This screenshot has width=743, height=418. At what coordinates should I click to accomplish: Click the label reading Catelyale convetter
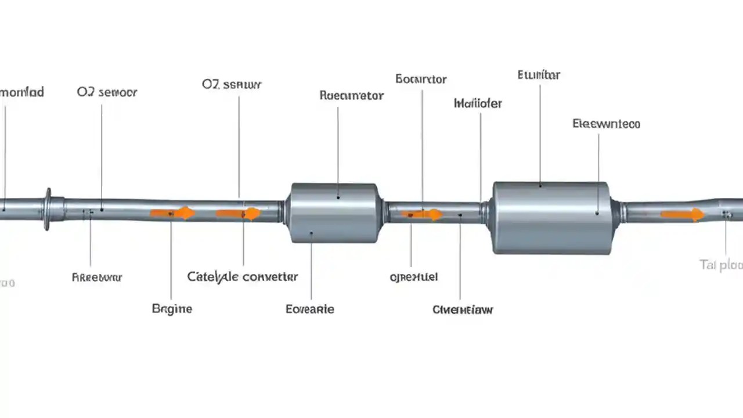[242, 277]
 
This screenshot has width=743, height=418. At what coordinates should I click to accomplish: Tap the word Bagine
[172, 309]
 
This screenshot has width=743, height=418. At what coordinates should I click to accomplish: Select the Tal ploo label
[722, 265]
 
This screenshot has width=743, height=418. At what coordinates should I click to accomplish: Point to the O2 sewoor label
[107, 92]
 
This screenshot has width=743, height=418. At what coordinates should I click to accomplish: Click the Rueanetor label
[351, 96]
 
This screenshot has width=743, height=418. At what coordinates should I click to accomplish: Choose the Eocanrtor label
[421, 79]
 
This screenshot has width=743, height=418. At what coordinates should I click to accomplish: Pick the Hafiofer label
[477, 104]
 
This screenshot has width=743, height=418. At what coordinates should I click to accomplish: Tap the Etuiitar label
[539, 75]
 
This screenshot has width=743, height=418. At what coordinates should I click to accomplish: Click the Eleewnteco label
[606, 124]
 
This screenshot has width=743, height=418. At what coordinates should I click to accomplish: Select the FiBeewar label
[97, 278]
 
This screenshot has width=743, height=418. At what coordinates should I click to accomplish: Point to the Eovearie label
[310, 309]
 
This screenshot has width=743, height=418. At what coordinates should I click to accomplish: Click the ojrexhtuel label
[413, 278]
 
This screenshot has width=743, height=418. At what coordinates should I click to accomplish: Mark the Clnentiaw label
[463, 309]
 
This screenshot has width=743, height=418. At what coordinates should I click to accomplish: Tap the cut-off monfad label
[22, 92]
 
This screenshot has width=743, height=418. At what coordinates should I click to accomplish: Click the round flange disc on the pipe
[48, 209]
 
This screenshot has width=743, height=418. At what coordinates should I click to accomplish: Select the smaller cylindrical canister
[334, 213]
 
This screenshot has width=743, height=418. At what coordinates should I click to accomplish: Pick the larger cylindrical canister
[551, 218]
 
